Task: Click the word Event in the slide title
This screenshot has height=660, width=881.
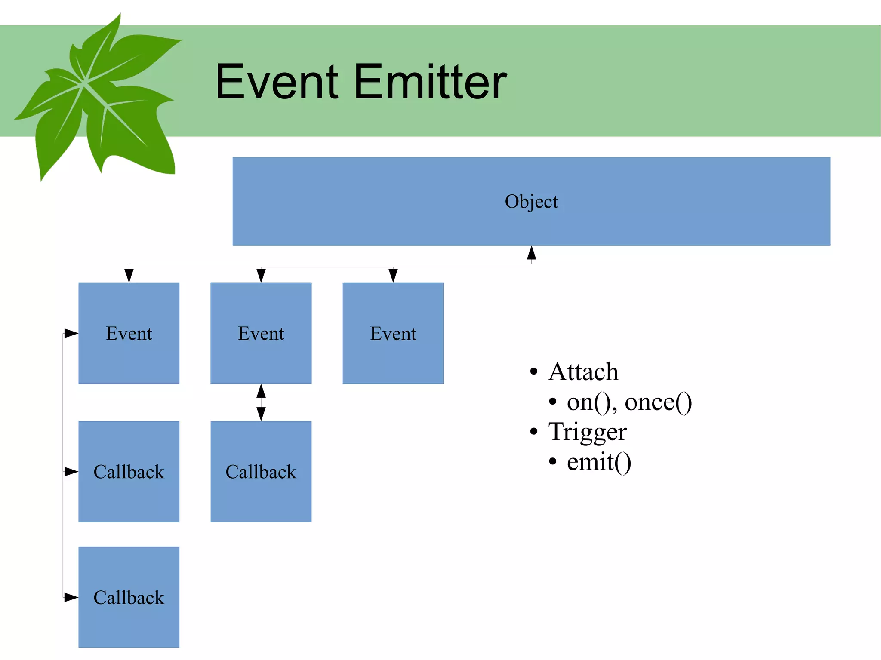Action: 277,82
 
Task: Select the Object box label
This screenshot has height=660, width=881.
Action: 531,202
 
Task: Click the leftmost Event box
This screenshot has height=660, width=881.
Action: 129,333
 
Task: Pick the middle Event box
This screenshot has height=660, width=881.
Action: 261,333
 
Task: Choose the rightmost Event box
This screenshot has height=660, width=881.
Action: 393,333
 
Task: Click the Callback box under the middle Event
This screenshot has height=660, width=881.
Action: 261,472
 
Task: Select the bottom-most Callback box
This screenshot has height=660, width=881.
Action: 129,597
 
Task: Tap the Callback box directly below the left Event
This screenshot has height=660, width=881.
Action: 129,472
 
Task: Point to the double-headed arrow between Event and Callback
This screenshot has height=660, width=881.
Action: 261,402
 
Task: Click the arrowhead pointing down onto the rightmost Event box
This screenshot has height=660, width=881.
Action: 393,276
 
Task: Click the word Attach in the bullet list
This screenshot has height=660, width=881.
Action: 583,371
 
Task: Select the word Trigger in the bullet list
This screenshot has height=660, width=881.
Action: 588,432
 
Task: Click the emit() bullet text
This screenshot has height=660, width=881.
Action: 599,462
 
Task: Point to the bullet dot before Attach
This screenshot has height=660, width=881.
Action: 534,371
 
